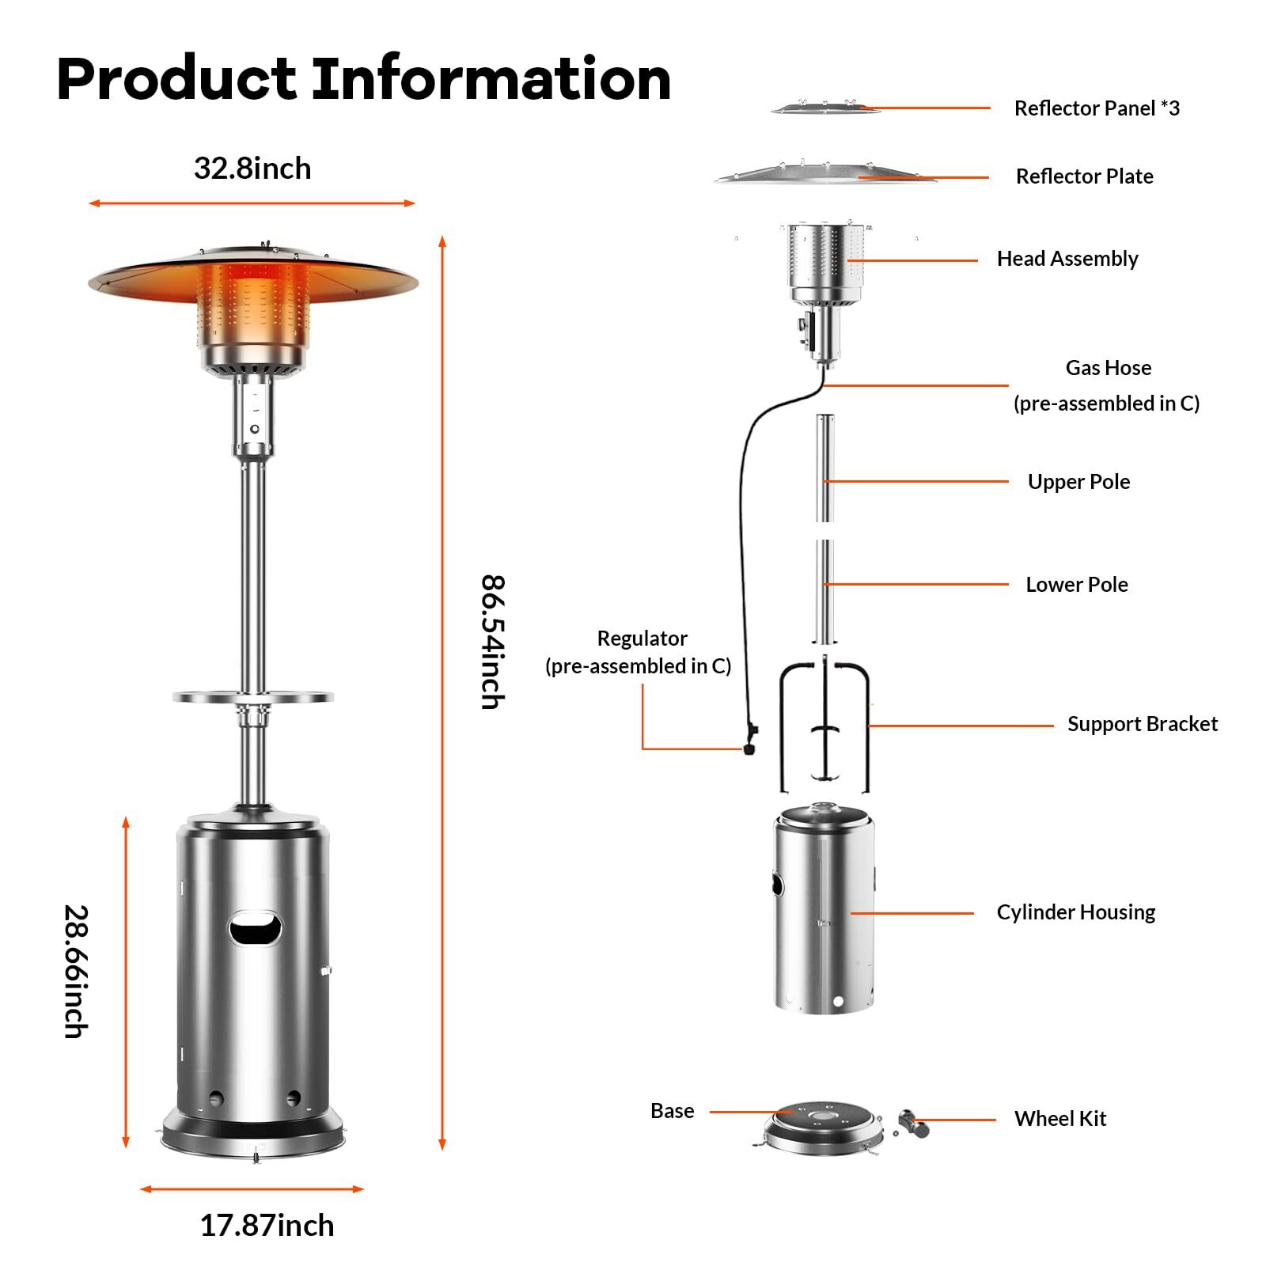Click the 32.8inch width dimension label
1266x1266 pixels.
tap(252, 169)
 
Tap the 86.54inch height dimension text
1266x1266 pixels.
tap(492, 642)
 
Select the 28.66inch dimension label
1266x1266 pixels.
tap(76, 971)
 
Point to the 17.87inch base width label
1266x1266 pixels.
tap(267, 1226)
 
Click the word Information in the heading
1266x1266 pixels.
tap(491, 79)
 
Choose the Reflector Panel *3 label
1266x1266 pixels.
tap(1097, 108)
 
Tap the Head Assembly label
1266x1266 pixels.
tap(1067, 259)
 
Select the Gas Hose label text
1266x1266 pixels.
tap(1108, 368)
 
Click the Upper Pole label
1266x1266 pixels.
tap(1078, 482)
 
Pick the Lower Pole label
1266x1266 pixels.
tap(1077, 585)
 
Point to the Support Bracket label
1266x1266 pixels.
tap(1142, 724)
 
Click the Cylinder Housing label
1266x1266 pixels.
tap(1075, 912)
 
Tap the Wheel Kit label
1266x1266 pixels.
tap(1059, 1119)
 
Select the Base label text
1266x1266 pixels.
tap(672, 1111)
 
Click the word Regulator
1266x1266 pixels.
tap(642, 639)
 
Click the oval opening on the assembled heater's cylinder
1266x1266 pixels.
tap(255, 928)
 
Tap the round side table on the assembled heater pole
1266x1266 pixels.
tap(253, 697)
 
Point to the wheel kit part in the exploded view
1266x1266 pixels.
tap(913, 1124)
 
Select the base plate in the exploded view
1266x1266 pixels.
tap(822, 1126)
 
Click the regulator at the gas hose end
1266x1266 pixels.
tap(749, 739)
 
